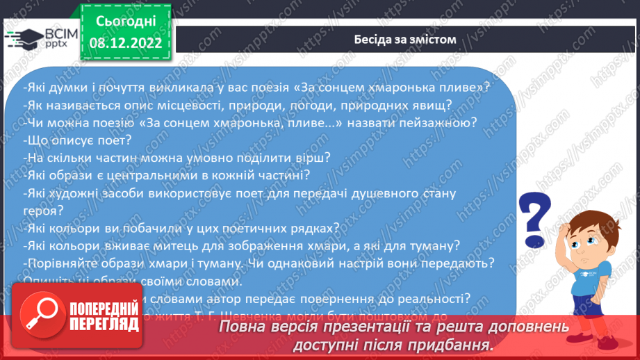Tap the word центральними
click(165, 175)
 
